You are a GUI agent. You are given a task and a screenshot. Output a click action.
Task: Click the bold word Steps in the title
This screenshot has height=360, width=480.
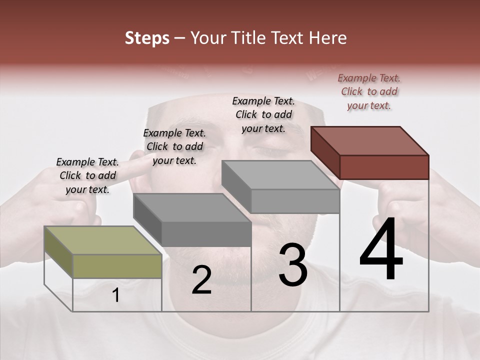point(147,38)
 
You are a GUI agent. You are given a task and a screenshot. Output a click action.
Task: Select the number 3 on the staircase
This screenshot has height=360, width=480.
point(292,264)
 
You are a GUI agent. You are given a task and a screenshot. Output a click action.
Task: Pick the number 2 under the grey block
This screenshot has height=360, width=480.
point(201,280)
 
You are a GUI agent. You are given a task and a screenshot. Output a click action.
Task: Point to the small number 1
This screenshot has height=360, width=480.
point(116,295)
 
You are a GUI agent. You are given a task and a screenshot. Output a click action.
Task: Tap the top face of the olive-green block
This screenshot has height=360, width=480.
point(102,240)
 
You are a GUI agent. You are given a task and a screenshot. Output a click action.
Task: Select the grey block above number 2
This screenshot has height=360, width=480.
point(192,220)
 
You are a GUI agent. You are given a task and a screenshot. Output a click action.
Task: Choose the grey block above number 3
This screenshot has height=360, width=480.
point(280,186)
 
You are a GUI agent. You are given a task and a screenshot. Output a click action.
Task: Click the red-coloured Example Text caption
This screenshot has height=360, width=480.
point(369,91)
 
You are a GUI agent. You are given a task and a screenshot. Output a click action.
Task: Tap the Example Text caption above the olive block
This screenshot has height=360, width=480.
point(87,175)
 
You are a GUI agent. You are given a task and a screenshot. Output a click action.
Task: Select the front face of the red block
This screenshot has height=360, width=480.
point(384,167)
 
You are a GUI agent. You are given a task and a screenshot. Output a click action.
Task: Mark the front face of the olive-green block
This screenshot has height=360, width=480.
point(117,265)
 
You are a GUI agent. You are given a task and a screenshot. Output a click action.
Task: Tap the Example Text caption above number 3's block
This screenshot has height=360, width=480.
point(263,114)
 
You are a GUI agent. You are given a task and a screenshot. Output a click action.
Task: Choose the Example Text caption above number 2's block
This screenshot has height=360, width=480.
point(174,146)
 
